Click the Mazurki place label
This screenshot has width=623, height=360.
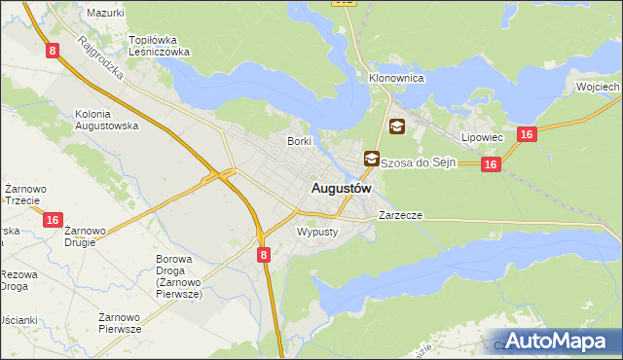(105, 13)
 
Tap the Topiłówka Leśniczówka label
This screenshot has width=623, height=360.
(159, 46)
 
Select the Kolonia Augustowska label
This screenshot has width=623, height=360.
(107, 120)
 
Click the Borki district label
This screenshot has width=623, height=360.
(298, 141)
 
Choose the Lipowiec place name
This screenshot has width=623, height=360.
(482, 137)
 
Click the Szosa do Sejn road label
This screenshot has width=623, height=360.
(418, 162)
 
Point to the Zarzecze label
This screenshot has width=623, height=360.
(400, 215)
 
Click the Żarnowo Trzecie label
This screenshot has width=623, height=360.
(21, 194)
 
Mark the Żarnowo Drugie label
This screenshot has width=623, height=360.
(86, 236)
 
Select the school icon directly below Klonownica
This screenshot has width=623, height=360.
(397, 126)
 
